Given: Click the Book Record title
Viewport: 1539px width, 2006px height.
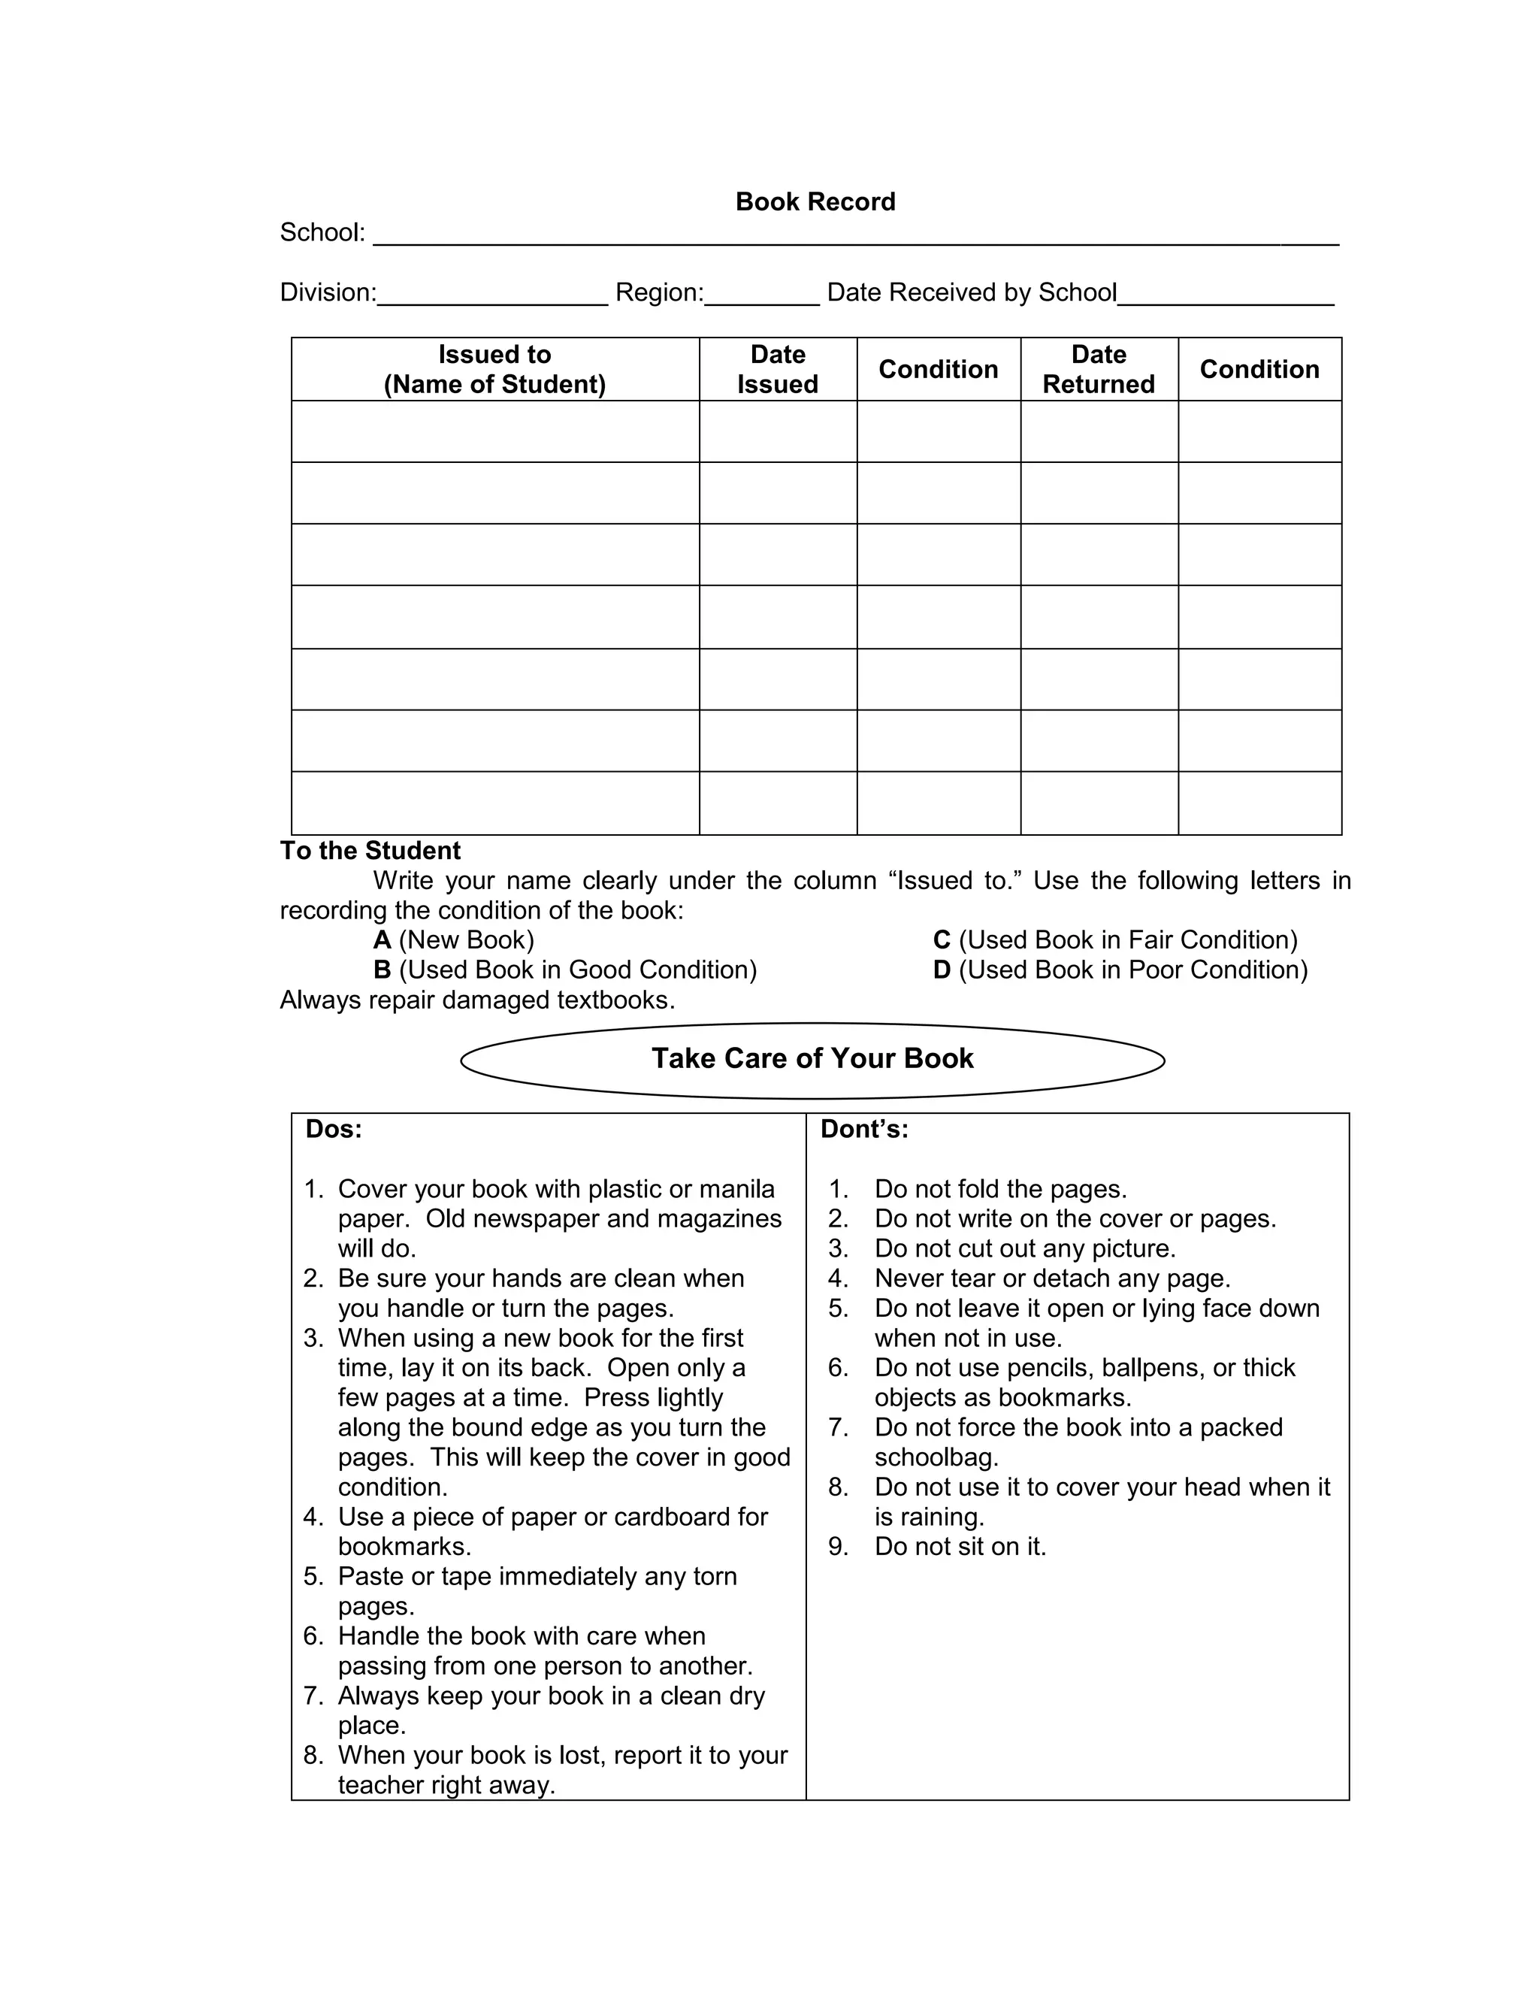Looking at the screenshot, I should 815,201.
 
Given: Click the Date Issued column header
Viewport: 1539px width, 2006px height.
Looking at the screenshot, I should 778,369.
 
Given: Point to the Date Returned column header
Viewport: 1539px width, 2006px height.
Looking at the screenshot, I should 1099,369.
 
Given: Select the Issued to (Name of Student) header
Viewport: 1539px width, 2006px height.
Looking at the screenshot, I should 494,369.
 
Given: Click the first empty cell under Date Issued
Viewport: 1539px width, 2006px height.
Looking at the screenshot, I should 778,431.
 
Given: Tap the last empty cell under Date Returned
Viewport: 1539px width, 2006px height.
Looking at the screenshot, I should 1099,803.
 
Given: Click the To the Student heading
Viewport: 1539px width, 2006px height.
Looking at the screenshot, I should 370,850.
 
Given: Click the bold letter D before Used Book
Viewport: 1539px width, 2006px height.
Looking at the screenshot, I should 942,970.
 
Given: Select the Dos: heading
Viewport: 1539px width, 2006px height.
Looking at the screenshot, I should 334,1130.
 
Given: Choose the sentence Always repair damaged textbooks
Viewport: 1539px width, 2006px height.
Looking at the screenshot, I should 477,1000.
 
